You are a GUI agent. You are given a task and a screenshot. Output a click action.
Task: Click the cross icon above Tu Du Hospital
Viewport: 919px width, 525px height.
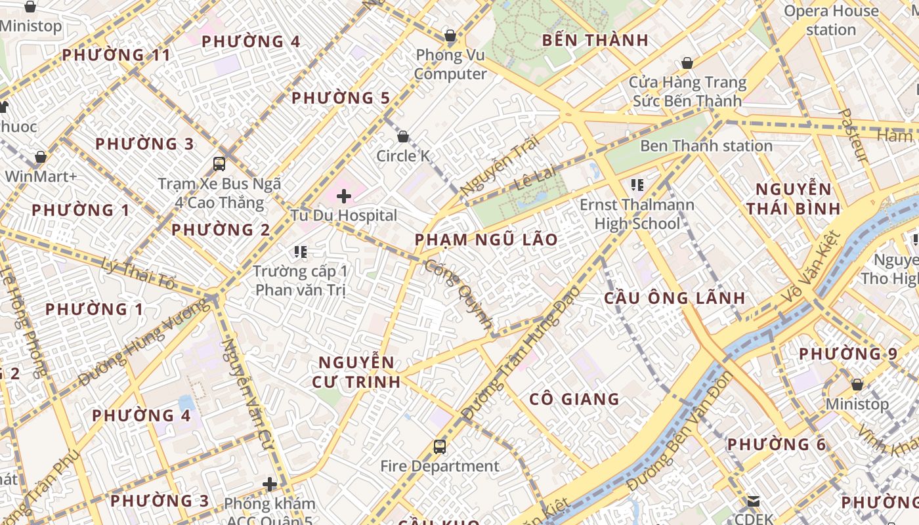[x=344, y=196]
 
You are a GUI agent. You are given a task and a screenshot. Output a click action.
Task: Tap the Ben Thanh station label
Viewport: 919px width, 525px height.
[x=706, y=146]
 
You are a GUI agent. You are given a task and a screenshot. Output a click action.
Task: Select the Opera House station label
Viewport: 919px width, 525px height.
[x=831, y=20]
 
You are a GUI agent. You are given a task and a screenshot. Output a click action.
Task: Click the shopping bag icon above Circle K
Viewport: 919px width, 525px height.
[x=403, y=136]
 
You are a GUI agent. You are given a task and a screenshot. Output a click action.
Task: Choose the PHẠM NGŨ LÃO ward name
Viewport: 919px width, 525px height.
[x=486, y=240]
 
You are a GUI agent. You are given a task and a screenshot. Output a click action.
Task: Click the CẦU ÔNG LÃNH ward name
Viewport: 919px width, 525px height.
[x=674, y=298]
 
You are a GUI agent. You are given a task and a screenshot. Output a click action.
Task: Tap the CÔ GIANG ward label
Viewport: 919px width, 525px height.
[x=574, y=399]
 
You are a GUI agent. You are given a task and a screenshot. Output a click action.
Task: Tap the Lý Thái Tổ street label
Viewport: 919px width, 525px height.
[x=139, y=274]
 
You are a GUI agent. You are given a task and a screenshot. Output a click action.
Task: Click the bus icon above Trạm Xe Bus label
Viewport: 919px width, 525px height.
[x=219, y=163]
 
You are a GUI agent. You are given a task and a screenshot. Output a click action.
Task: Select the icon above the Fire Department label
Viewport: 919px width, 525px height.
[x=440, y=447]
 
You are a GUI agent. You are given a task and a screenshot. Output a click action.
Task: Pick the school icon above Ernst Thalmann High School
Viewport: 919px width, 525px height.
[x=637, y=185]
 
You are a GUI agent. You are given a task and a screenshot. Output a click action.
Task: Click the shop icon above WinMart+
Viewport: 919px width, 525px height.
[x=41, y=157]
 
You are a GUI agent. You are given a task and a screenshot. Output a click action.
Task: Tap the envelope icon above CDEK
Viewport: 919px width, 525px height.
[x=753, y=502]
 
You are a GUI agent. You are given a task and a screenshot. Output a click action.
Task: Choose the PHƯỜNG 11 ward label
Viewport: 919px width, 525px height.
[x=116, y=55]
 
